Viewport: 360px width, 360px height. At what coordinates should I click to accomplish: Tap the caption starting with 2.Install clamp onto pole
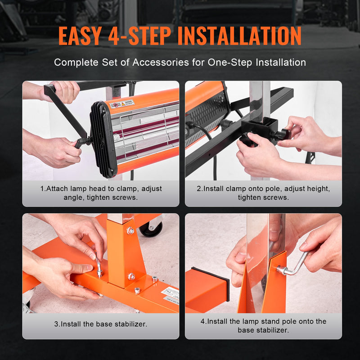coord(263,193)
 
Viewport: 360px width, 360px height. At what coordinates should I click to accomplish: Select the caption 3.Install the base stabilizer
coord(100,324)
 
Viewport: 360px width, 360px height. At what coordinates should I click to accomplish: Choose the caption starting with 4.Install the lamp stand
coord(263,325)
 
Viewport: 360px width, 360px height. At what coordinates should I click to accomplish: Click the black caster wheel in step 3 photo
coord(150,229)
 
